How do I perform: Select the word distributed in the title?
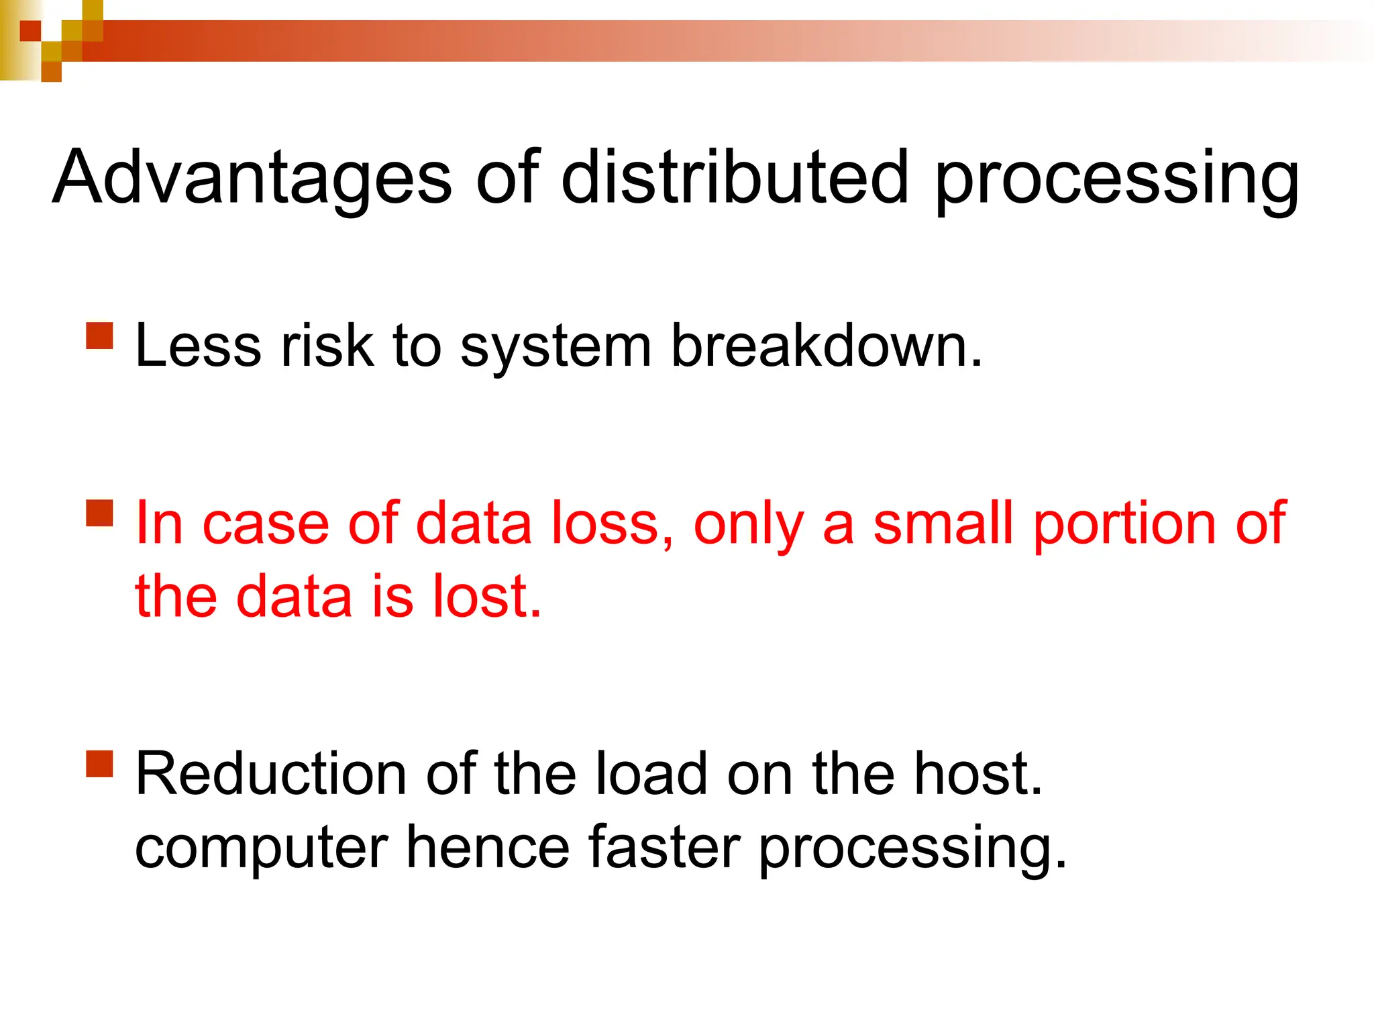tap(735, 178)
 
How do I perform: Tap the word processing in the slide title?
tap(1117, 181)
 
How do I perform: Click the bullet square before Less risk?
tap(100, 336)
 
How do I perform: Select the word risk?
tap(327, 346)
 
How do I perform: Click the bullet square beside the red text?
tap(100, 513)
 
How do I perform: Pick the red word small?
tap(943, 524)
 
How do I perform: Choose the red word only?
tap(748, 527)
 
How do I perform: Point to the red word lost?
tap(486, 596)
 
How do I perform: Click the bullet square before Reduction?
tap(100, 763)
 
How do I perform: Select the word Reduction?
tap(271, 774)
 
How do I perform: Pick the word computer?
tap(262, 850)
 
